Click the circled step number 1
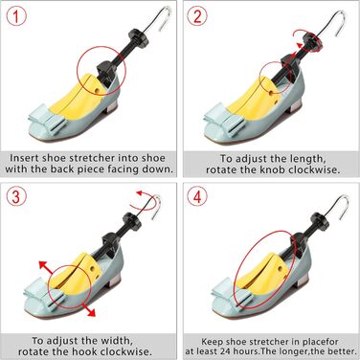(x=16, y=16)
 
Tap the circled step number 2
(x=197, y=16)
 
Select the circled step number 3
(x=16, y=197)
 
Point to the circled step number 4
(x=197, y=197)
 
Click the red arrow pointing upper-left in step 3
(x=46, y=267)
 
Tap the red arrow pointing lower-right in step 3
(x=88, y=310)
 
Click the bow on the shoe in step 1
(x=47, y=119)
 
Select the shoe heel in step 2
(x=293, y=108)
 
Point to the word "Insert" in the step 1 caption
(x=24, y=158)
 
